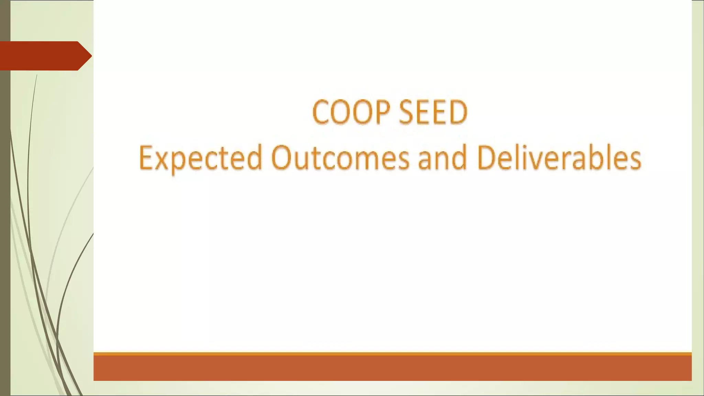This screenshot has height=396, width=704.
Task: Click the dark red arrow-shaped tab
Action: pos(41,56)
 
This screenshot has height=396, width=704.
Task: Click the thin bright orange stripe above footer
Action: pos(392,354)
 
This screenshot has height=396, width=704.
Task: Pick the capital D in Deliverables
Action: pos(488,158)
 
